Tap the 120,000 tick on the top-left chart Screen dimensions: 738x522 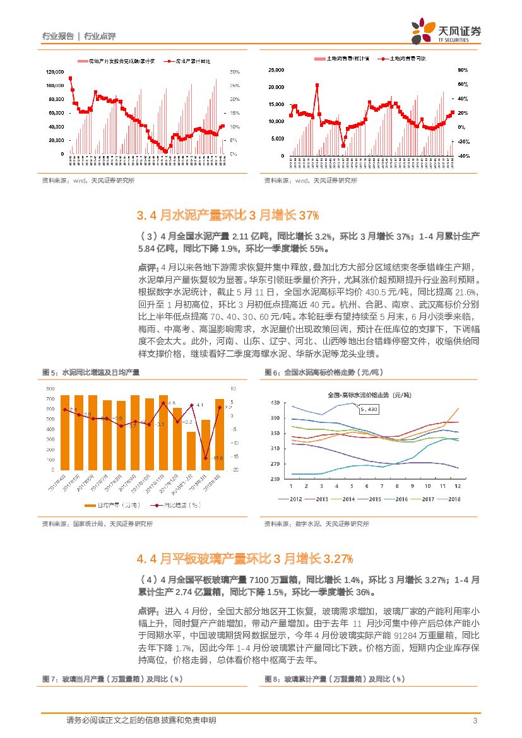tap(54, 71)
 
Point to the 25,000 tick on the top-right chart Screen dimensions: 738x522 tap(276, 69)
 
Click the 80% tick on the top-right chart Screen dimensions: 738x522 tap(462, 69)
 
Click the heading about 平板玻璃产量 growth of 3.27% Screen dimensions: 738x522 tap(244, 558)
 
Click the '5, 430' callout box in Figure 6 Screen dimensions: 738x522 tap(368, 410)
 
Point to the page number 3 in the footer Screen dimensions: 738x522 tap(474, 721)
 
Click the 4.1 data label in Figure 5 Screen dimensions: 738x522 tap(199, 404)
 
